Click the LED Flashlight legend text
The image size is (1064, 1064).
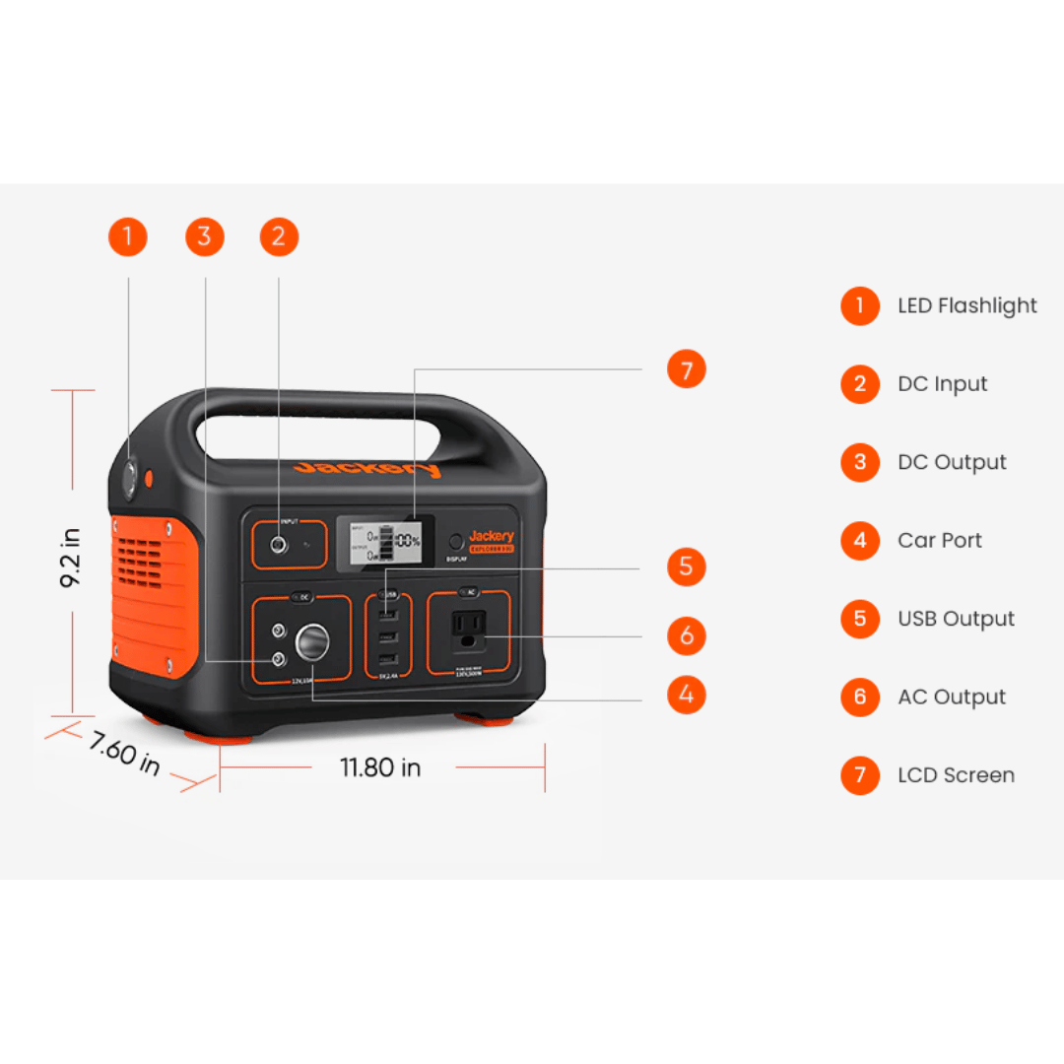[966, 306]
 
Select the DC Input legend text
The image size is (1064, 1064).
[942, 384]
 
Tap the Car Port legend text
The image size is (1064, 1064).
[939, 540]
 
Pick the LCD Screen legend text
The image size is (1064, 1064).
[956, 775]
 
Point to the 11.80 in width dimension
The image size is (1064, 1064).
[380, 767]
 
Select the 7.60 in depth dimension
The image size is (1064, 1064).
[124, 753]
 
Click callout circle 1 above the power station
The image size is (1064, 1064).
[127, 237]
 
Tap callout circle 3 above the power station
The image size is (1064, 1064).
[205, 237]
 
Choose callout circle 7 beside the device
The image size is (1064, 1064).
[687, 370]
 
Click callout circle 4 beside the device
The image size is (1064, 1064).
[687, 696]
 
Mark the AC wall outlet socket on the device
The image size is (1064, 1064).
[468, 632]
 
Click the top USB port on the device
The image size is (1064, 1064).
[388, 616]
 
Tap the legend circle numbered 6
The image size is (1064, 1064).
[860, 697]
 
